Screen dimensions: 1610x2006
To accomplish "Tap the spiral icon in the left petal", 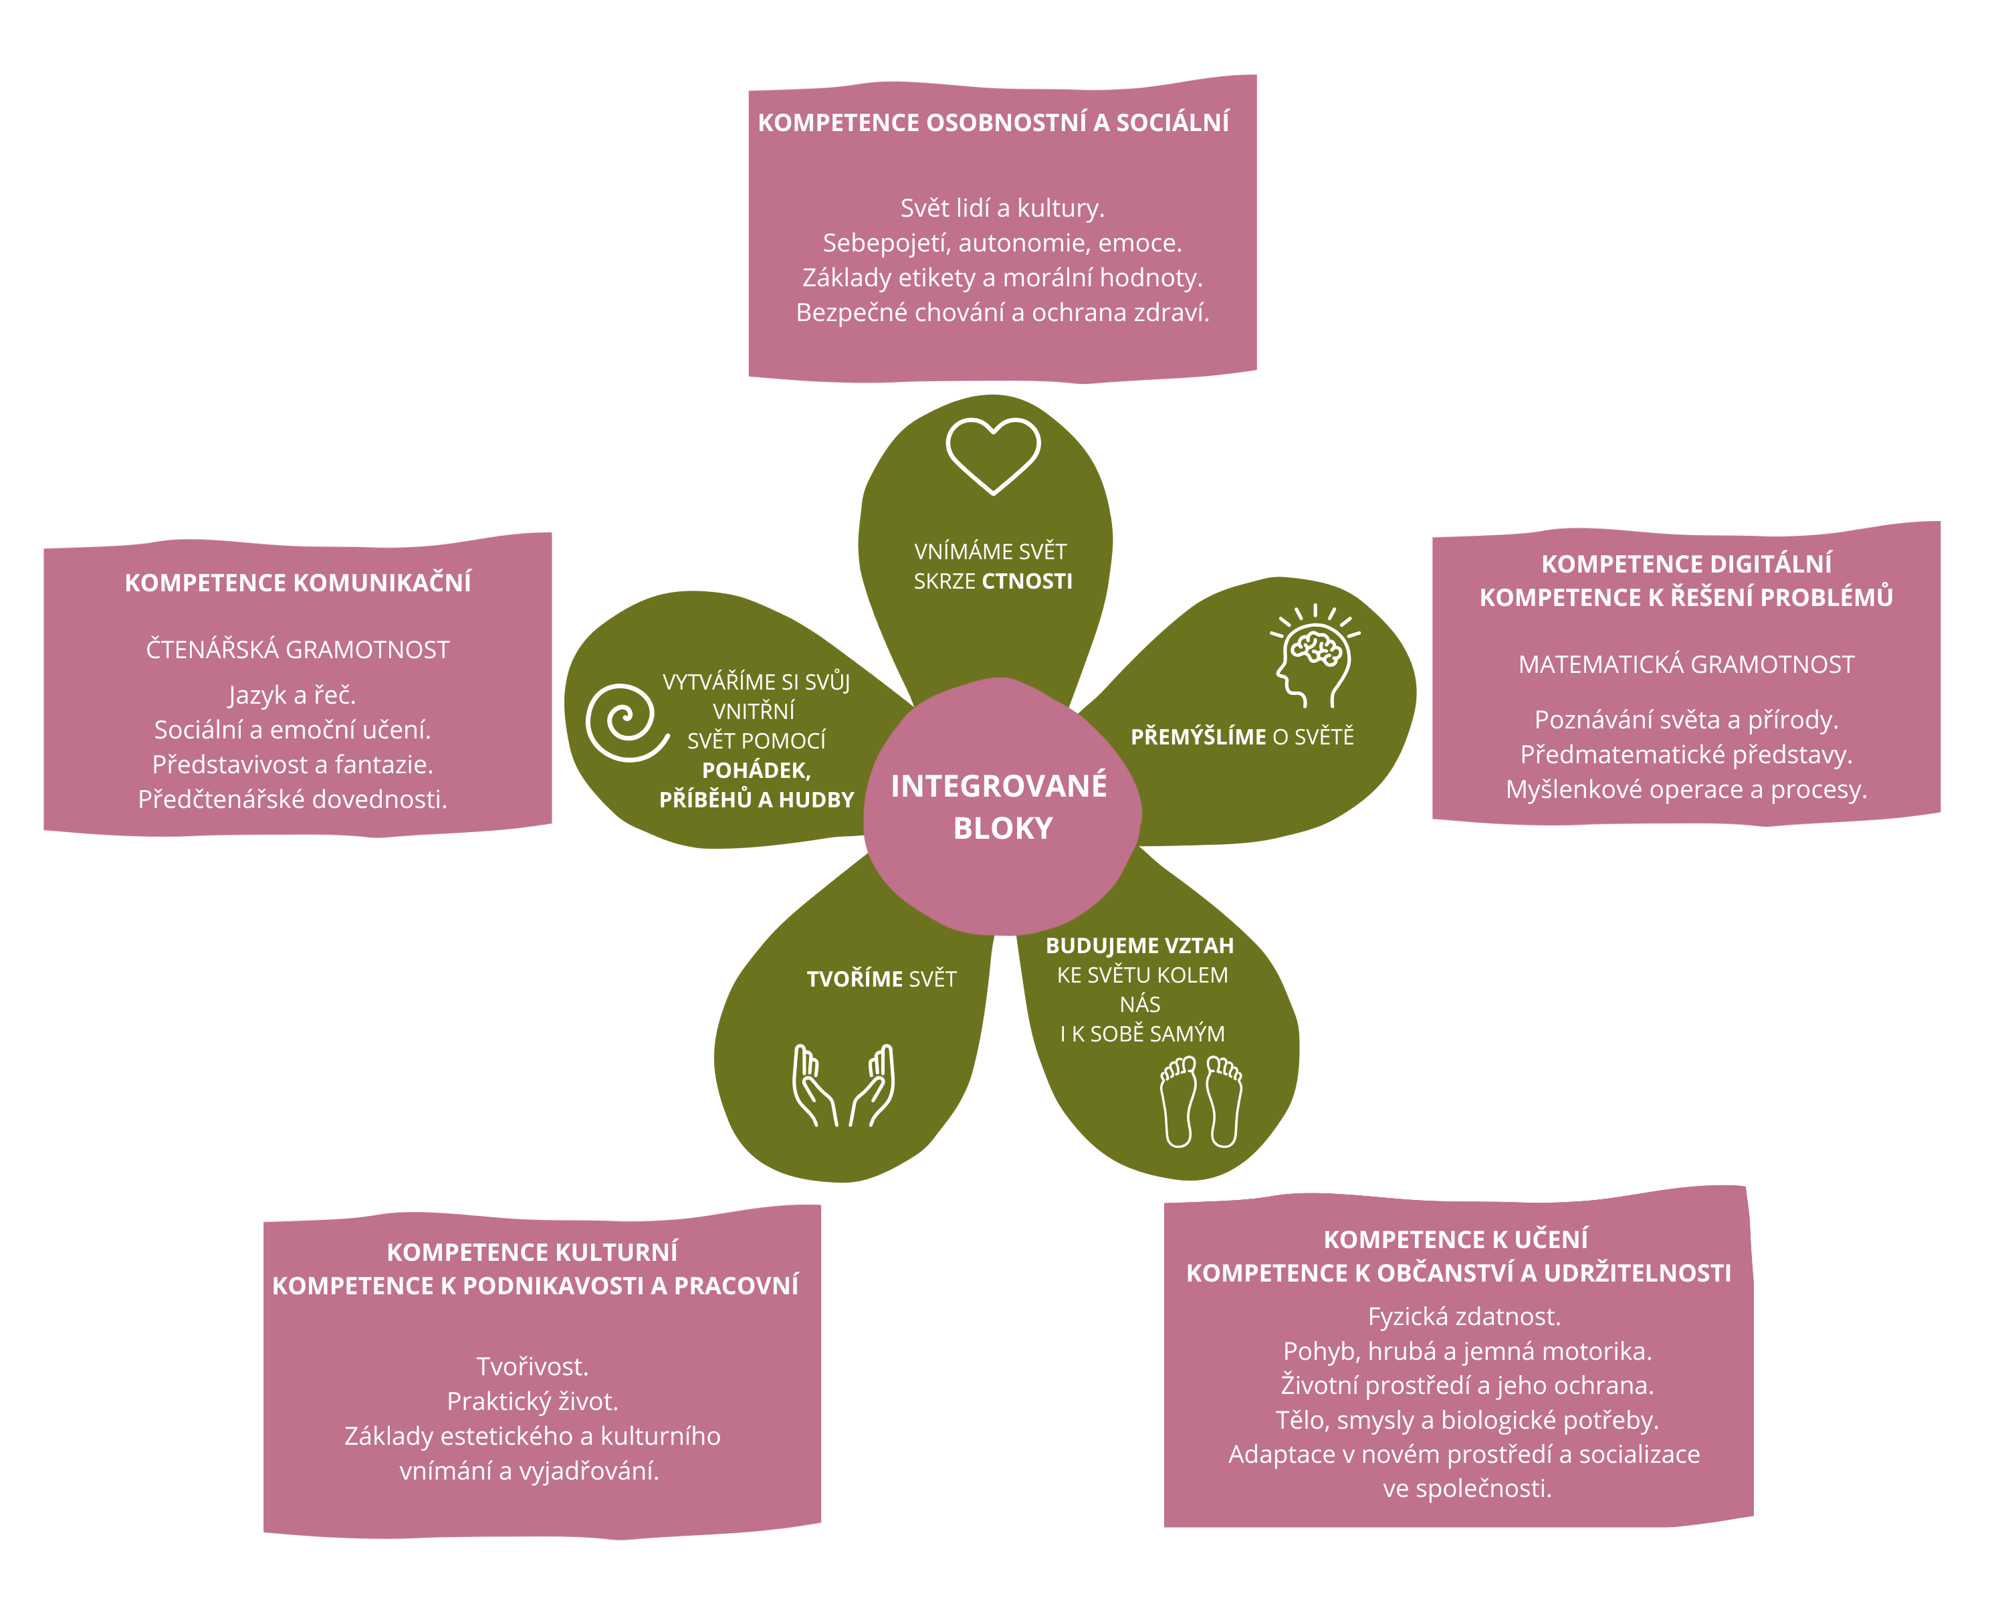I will pos(626,722).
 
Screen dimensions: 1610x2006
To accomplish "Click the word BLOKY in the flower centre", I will pos(1003,828).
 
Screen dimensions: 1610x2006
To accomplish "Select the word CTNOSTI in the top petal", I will pos(1026,582).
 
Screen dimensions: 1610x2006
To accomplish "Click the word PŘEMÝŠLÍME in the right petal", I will pos(1198,737).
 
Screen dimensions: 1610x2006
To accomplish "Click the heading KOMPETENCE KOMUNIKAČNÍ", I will pos(298,583).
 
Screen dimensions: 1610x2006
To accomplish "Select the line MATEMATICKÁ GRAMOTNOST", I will pos(1686,664).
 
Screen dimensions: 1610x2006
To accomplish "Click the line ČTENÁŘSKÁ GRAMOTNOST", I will pos(298,649).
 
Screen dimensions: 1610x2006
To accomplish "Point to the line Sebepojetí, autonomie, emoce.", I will pos(1002,243).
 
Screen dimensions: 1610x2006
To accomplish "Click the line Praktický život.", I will pos(532,1401).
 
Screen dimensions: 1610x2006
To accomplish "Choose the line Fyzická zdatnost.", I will pos(1464,1316).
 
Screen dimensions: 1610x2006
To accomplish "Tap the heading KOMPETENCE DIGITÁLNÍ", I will pos(1686,564).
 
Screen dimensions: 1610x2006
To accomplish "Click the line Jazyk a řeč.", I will pos(292,695).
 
